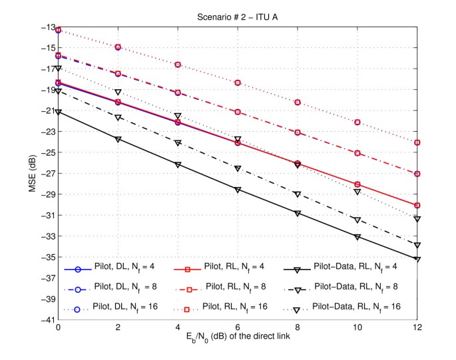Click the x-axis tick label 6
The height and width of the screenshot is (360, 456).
coord(238,329)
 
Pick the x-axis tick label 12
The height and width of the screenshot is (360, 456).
coord(417,329)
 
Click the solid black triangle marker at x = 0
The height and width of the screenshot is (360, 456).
coord(59,112)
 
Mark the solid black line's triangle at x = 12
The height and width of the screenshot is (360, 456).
coord(417,260)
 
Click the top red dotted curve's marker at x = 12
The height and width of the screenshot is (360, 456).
coord(417,142)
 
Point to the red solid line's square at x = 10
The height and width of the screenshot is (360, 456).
coord(357,184)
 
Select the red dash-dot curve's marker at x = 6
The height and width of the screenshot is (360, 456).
coord(238,112)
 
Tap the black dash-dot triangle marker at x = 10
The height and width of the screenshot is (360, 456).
coord(357,220)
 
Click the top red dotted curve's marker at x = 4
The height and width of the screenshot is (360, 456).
coord(178,65)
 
